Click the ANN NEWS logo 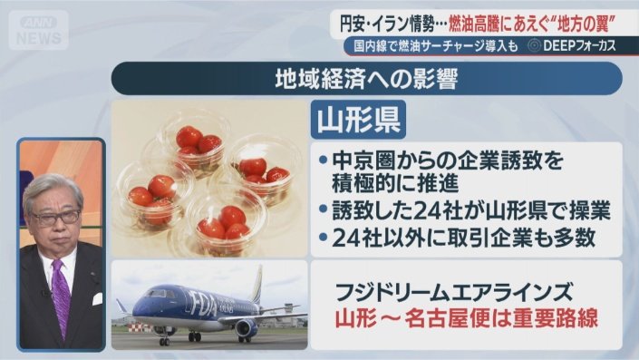39,30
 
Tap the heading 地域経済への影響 366,79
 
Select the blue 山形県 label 358,120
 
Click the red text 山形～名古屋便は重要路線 466,318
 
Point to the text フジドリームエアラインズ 453,292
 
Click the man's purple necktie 61,296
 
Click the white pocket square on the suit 97,299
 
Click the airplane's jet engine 247,327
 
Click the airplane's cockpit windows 156,293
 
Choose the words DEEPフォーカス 579,46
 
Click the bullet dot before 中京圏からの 324,161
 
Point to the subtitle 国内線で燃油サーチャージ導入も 435,46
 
